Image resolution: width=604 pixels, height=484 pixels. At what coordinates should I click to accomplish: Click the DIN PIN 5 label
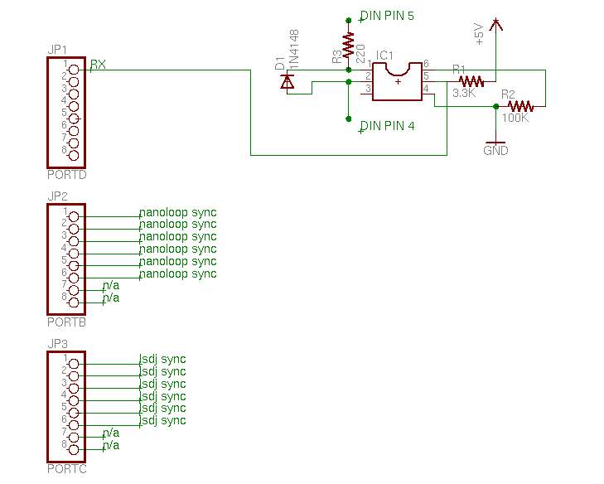click(387, 16)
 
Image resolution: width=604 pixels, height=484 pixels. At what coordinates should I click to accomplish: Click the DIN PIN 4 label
click(387, 126)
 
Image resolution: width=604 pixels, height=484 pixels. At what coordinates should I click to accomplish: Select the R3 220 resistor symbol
click(348, 45)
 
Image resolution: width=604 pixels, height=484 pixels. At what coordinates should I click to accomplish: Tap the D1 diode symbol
click(288, 81)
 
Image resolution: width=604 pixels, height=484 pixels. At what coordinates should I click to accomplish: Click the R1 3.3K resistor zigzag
click(471, 82)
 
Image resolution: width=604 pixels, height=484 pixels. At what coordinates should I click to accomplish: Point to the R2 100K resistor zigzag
click(520, 106)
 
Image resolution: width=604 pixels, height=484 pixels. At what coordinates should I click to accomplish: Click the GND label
click(495, 150)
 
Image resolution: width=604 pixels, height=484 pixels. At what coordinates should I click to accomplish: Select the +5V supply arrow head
click(495, 24)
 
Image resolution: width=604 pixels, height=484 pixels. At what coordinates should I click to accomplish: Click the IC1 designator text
click(384, 56)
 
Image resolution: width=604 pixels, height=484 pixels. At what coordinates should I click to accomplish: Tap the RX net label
click(98, 65)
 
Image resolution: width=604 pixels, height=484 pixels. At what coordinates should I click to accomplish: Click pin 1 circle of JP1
click(73, 70)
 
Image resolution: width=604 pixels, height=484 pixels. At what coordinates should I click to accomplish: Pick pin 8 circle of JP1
click(73, 155)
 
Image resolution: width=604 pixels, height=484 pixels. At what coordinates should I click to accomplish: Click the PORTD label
click(66, 175)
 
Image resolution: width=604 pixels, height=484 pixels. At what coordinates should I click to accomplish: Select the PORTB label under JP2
click(66, 322)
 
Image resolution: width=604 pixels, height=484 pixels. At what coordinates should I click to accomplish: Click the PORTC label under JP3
click(66, 469)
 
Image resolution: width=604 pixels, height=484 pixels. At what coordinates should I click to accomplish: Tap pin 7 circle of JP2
click(73, 290)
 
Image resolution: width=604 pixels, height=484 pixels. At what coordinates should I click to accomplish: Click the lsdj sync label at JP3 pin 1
click(162, 360)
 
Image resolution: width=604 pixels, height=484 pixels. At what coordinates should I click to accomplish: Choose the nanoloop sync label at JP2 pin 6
click(177, 274)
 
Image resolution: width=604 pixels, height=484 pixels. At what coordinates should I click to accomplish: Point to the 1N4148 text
click(294, 50)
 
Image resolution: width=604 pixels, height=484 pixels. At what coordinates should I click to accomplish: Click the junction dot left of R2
click(495, 106)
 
